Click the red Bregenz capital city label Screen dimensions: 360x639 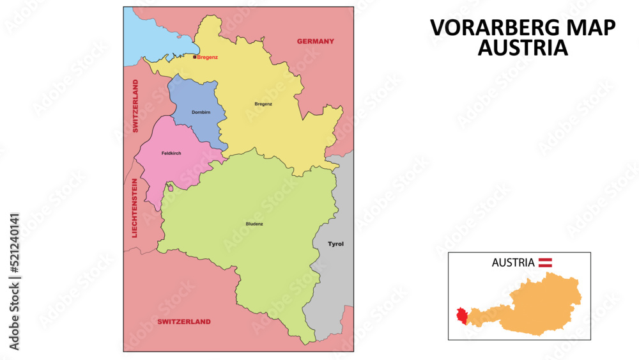(208, 58)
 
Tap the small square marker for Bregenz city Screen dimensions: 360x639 (195, 57)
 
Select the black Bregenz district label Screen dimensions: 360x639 (263, 104)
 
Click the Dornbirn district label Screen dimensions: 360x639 (201, 113)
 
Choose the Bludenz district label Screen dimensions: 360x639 (254, 224)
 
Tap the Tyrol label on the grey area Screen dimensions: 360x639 (335, 244)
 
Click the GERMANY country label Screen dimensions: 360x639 (315, 42)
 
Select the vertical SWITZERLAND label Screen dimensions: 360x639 (135, 106)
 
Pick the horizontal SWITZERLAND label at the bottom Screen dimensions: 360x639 (184, 322)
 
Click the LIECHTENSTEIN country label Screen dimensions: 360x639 (135, 208)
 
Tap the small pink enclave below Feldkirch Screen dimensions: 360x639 (170, 188)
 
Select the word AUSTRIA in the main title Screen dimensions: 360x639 (522, 48)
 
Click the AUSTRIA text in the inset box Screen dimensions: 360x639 (513, 262)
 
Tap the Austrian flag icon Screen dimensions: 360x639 (545, 262)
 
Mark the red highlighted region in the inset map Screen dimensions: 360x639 (461, 316)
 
